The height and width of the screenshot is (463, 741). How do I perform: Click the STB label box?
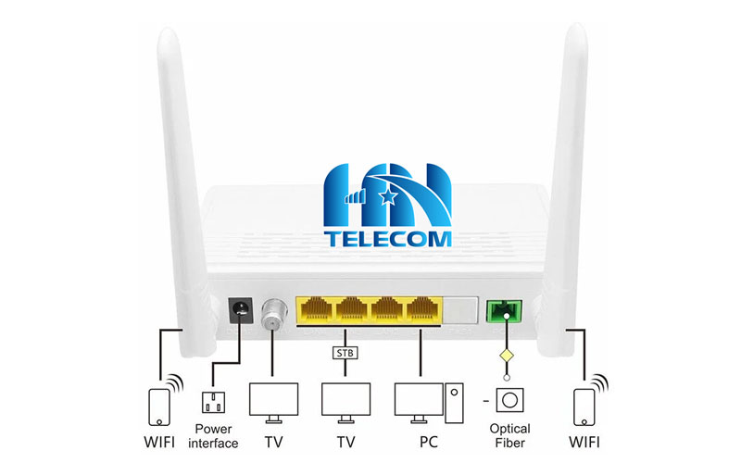(x=345, y=351)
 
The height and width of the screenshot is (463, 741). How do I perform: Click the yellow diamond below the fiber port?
(x=506, y=356)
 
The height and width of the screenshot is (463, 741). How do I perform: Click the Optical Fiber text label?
(x=509, y=435)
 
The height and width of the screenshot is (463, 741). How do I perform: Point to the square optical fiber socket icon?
(x=509, y=400)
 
